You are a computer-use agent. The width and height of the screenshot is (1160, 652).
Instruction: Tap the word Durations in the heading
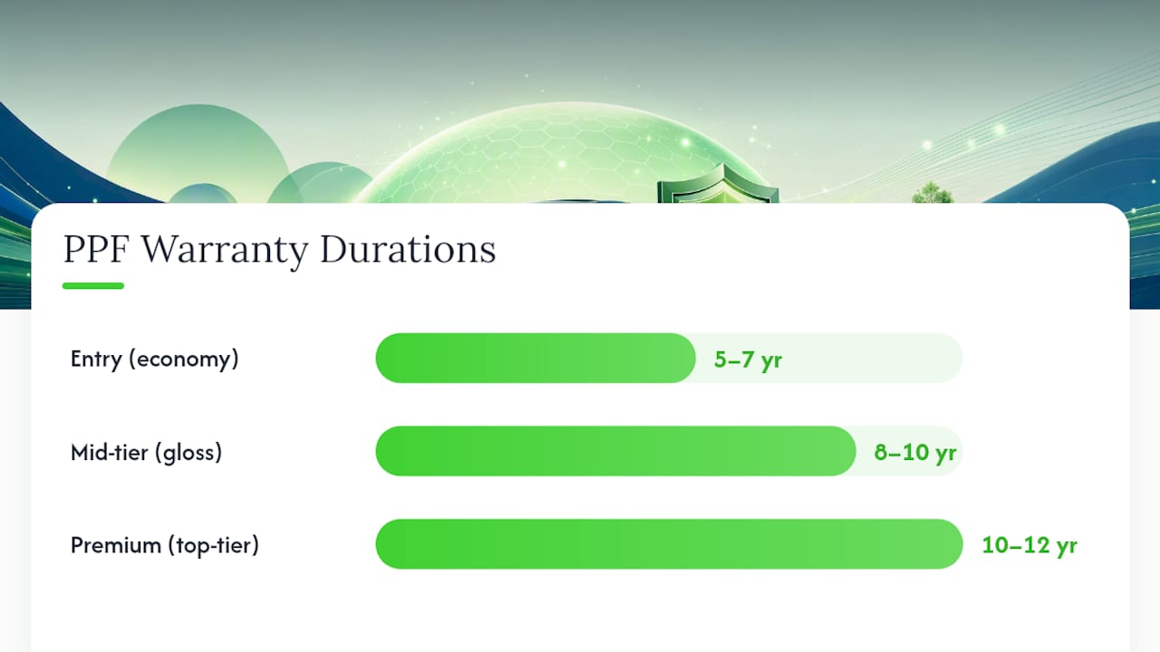(408, 249)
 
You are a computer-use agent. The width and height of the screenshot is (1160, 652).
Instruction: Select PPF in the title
(96, 249)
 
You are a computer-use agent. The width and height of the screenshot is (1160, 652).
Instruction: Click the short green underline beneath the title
(93, 285)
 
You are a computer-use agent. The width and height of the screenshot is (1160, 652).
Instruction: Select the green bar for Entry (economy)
(536, 358)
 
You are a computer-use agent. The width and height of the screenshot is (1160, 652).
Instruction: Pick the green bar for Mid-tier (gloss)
(615, 451)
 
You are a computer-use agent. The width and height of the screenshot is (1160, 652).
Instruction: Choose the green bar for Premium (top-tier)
(669, 544)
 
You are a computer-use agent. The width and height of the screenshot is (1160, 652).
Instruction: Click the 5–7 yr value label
(748, 360)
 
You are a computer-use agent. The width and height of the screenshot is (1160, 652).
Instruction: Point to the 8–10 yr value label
(915, 453)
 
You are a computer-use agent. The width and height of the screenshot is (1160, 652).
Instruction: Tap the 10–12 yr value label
(1029, 546)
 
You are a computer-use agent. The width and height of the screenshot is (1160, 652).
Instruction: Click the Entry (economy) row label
(154, 360)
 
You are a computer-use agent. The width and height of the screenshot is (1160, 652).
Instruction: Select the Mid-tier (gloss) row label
(146, 453)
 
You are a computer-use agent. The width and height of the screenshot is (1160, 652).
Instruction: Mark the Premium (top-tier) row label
(165, 546)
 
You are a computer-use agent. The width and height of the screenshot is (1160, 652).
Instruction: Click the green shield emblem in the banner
(718, 184)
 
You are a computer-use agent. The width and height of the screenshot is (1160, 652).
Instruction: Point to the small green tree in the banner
(933, 193)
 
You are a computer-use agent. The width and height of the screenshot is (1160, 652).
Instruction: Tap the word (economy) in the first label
(184, 360)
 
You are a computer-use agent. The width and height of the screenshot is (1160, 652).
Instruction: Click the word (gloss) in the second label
(188, 453)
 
